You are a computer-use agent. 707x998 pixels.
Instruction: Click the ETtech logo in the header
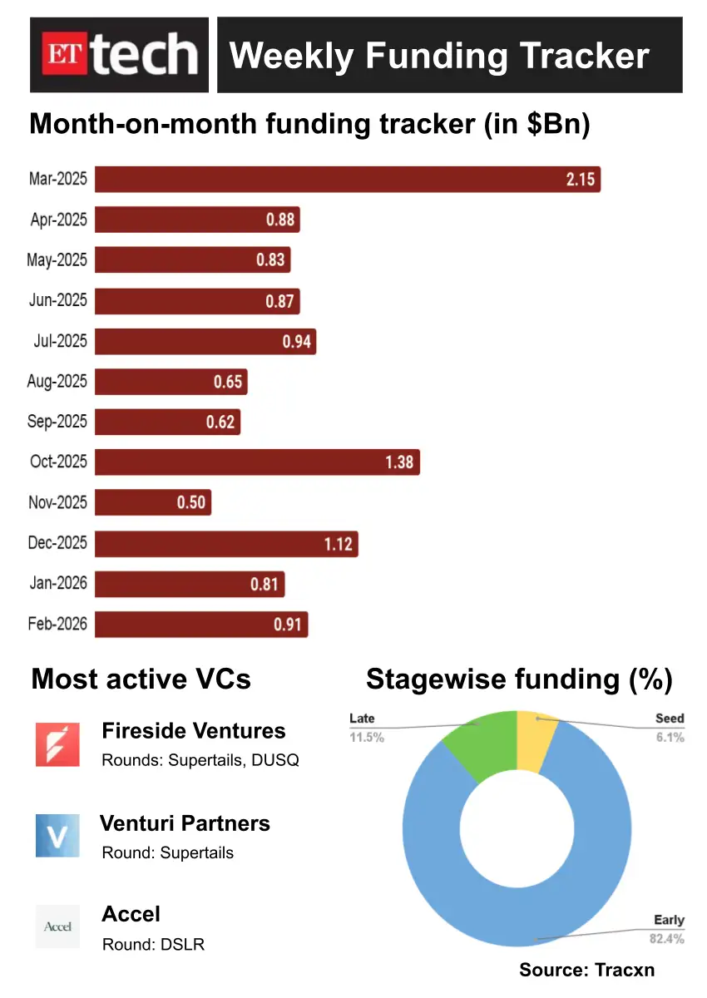click(120, 55)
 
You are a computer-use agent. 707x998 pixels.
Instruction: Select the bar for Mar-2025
click(347, 180)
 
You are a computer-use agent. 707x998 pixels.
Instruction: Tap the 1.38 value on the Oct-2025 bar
click(399, 462)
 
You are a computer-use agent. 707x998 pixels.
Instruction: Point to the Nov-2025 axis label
click(57, 501)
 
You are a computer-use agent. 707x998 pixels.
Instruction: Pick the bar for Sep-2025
click(166, 422)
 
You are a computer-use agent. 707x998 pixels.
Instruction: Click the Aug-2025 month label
click(57, 381)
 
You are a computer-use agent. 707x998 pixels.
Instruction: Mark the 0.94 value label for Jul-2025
click(296, 341)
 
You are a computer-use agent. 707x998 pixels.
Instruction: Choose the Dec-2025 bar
click(225, 544)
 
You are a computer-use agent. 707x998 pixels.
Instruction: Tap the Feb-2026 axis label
click(57, 623)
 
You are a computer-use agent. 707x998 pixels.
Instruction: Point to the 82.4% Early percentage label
click(667, 939)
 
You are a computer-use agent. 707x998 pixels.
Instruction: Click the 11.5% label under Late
click(367, 737)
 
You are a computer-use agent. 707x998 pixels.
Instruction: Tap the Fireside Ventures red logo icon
click(57, 744)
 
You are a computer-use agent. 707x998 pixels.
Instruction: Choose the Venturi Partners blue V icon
click(57, 836)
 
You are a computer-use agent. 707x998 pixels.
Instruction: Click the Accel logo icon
click(57, 926)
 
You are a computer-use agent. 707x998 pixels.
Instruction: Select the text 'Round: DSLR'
click(153, 944)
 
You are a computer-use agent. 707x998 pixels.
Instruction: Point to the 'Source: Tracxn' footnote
click(587, 970)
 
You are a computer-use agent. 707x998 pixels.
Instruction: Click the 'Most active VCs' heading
click(141, 679)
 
